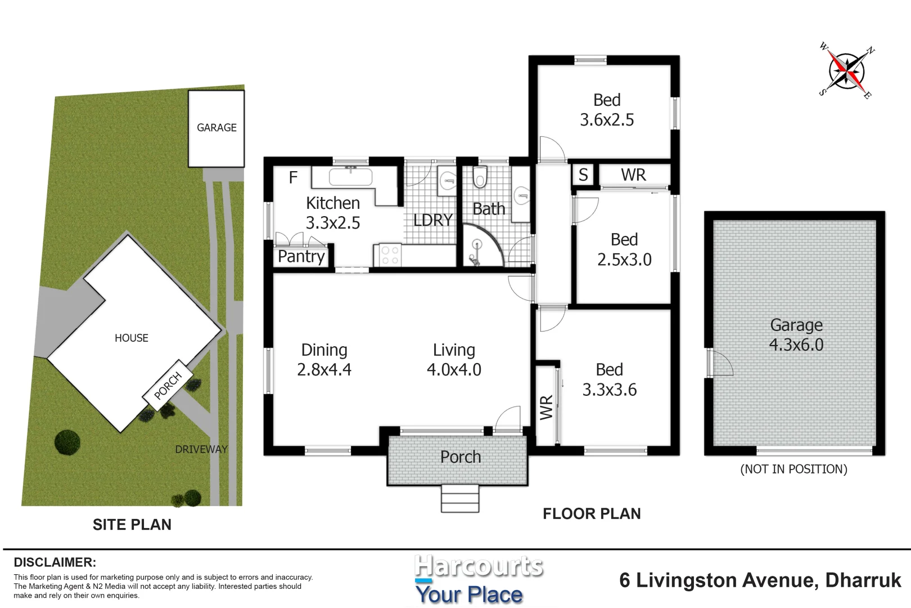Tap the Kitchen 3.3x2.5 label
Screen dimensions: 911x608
(x=333, y=213)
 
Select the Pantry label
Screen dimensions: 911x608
(x=301, y=257)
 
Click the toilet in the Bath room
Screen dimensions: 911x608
(x=480, y=177)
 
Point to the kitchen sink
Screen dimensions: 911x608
(x=350, y=177)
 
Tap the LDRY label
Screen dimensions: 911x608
(x=433, y=220)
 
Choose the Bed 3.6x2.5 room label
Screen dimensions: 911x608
(x=607, y=110)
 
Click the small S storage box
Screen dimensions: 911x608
(x=583, y=175)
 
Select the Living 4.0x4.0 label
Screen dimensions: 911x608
(x=454, y=360)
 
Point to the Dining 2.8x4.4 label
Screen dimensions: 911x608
(x=324, y=360)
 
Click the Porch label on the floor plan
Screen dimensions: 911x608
(x=461, y=457)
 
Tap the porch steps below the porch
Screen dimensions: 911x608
(x=460, y=498)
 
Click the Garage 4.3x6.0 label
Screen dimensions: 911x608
(x=796, y=335)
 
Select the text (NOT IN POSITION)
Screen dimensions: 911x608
(x=794, y=469)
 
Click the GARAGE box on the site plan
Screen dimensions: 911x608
(x=217, y=129)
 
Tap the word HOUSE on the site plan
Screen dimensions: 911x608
(x=132, y=338)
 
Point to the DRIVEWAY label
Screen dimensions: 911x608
(x=201, y=449)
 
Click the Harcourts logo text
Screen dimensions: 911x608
(x=479, y=566)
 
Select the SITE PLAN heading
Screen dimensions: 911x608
(x=132, y=525)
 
